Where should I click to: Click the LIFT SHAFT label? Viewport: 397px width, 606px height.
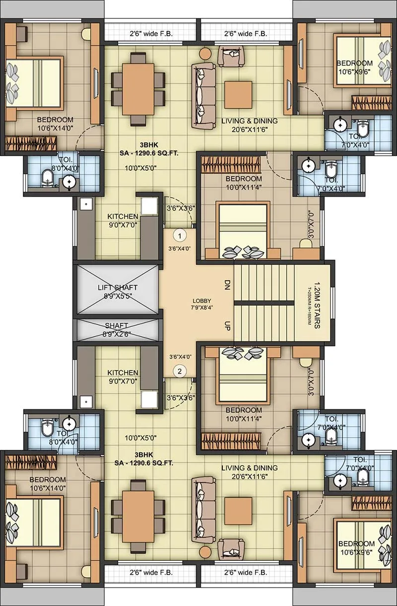[x=118, y=288]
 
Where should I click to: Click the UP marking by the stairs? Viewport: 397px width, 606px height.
[x=227, y=325]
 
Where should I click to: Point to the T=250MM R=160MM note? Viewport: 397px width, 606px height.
[x=308, y=303]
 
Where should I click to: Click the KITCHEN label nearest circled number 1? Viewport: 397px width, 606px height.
[x=123, y=217]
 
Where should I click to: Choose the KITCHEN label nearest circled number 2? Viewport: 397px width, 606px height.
[x=123, y=373]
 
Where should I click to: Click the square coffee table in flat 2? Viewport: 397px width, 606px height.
[x=234, y=511]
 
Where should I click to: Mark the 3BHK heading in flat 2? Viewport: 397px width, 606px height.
[x=146, y=454]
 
